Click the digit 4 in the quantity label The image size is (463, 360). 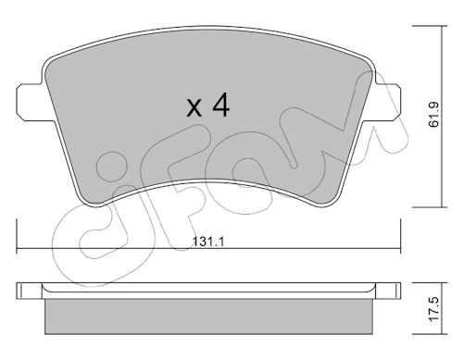point(221,105)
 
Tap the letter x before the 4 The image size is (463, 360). point(194,107)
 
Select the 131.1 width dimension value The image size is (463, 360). point(208,242)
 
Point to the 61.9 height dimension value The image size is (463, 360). point(433,115)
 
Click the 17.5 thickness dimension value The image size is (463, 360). point(434,310)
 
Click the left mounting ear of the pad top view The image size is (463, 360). point(30,103)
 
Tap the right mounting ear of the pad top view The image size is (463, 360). point(388,103)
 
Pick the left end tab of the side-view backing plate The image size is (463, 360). point(29,291)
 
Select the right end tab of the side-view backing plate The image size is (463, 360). point(388,291)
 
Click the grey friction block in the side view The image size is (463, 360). point(209,317)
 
